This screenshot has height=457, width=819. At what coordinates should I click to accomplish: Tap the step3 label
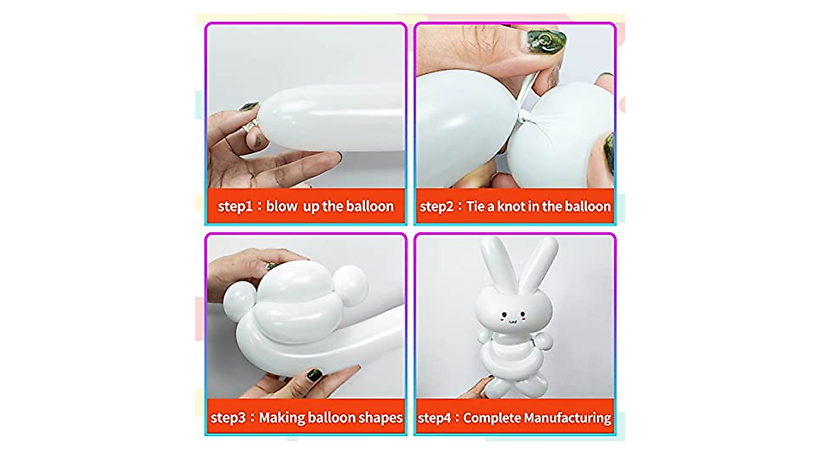(231, 417)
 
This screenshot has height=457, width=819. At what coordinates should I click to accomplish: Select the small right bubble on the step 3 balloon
(353, 280)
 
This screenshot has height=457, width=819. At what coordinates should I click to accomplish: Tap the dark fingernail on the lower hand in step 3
(315, 374)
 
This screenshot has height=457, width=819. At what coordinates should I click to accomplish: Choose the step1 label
(235, 206)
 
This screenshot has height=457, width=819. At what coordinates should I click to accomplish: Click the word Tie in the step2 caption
(476, 206)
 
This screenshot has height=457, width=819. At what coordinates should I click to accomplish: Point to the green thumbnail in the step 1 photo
(249, 107)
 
